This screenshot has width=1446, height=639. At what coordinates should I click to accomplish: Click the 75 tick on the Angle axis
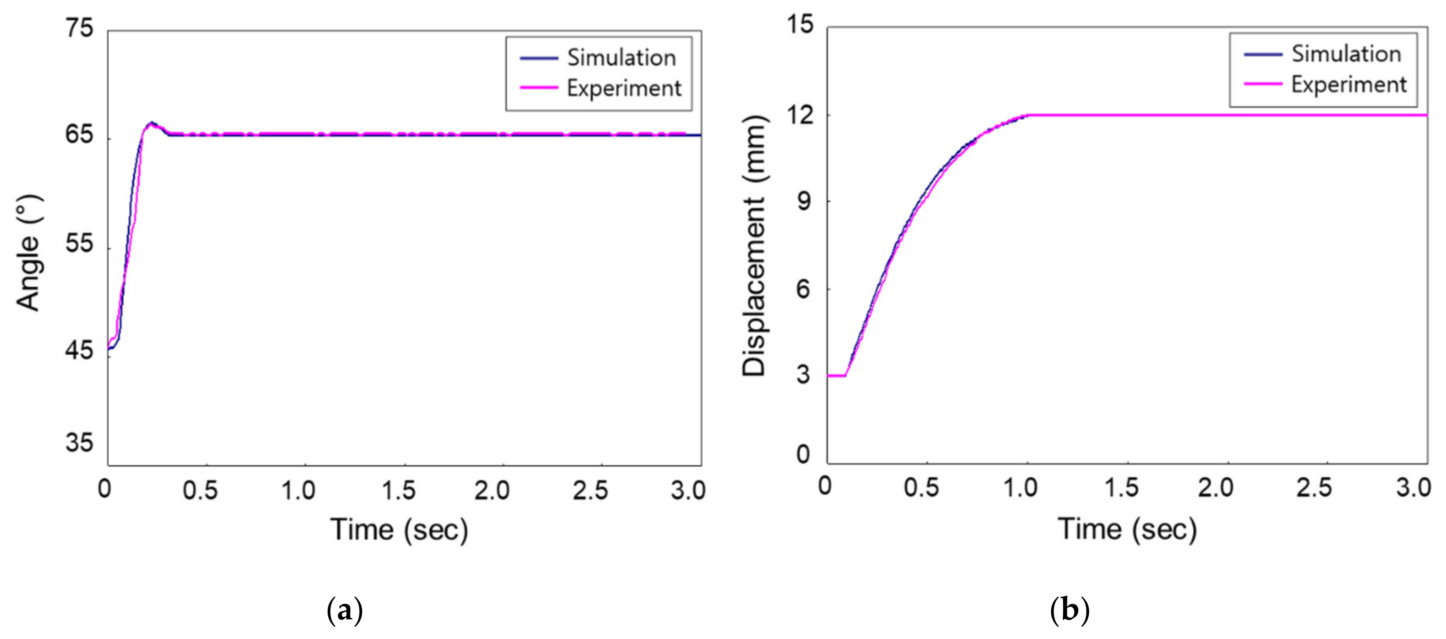(79, 28)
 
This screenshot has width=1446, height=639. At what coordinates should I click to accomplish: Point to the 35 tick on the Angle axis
(79, 443)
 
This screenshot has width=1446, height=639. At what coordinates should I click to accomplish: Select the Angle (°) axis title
(28, 253)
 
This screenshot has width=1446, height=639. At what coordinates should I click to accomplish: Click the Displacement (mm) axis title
(754, 246)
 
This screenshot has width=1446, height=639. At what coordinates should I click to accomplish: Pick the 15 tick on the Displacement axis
(799, 25)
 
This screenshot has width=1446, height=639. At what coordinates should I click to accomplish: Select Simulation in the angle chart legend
(621, 58)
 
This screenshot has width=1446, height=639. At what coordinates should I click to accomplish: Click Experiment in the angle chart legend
(624, 88)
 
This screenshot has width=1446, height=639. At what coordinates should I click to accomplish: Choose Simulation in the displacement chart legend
(1346, 54)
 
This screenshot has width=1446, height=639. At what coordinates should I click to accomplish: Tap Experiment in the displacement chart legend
(1348, 84)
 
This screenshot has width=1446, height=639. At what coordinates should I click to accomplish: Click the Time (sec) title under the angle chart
(399, 530)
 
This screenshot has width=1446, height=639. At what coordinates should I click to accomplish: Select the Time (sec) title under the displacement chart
(1127, 529)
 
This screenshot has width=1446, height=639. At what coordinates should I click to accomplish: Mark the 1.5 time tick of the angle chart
(399, 490)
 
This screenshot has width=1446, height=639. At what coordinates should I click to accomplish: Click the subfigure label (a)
(345, 610)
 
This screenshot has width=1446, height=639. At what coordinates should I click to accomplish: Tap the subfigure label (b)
(1070, 610)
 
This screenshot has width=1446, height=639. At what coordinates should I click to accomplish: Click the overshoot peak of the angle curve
(150, 123)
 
